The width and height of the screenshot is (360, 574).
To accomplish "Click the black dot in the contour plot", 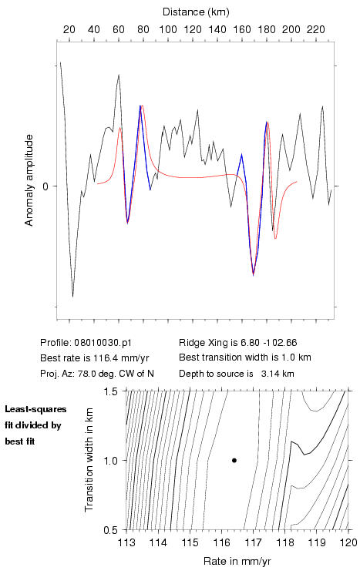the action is coord(234,460).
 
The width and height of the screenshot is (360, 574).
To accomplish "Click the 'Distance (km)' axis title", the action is coord(196,12).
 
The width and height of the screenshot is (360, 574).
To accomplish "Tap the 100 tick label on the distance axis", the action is coord(168,29).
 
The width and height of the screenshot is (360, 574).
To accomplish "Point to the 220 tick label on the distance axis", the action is coord(316,29).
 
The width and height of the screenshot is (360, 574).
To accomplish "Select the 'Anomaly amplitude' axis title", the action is coord(29,180).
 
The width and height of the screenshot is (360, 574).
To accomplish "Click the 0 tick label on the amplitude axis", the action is coord(45,186).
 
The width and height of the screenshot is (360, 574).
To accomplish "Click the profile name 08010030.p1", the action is coord(103,343).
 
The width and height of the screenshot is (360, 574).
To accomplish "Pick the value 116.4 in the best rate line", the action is coord(104,357).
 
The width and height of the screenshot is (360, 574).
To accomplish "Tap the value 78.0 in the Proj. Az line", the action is coord(86,374).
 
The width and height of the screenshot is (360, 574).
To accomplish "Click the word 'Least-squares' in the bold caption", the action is coord(35,409).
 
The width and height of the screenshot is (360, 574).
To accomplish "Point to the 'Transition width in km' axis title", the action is coord(89,460).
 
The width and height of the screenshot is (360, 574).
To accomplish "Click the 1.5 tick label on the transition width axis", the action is coord(110,391).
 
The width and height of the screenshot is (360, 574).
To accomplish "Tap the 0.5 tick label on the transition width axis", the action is coord(110,530).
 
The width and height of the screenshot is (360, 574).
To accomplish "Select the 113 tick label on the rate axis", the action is coord(126,542).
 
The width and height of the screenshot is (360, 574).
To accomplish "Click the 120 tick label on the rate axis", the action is coord(348,542).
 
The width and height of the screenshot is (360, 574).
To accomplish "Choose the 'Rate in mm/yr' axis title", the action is coord(237,561).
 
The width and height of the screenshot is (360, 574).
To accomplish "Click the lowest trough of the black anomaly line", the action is coord(73,296).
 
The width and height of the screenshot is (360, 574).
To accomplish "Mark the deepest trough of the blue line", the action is coord(253,274).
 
